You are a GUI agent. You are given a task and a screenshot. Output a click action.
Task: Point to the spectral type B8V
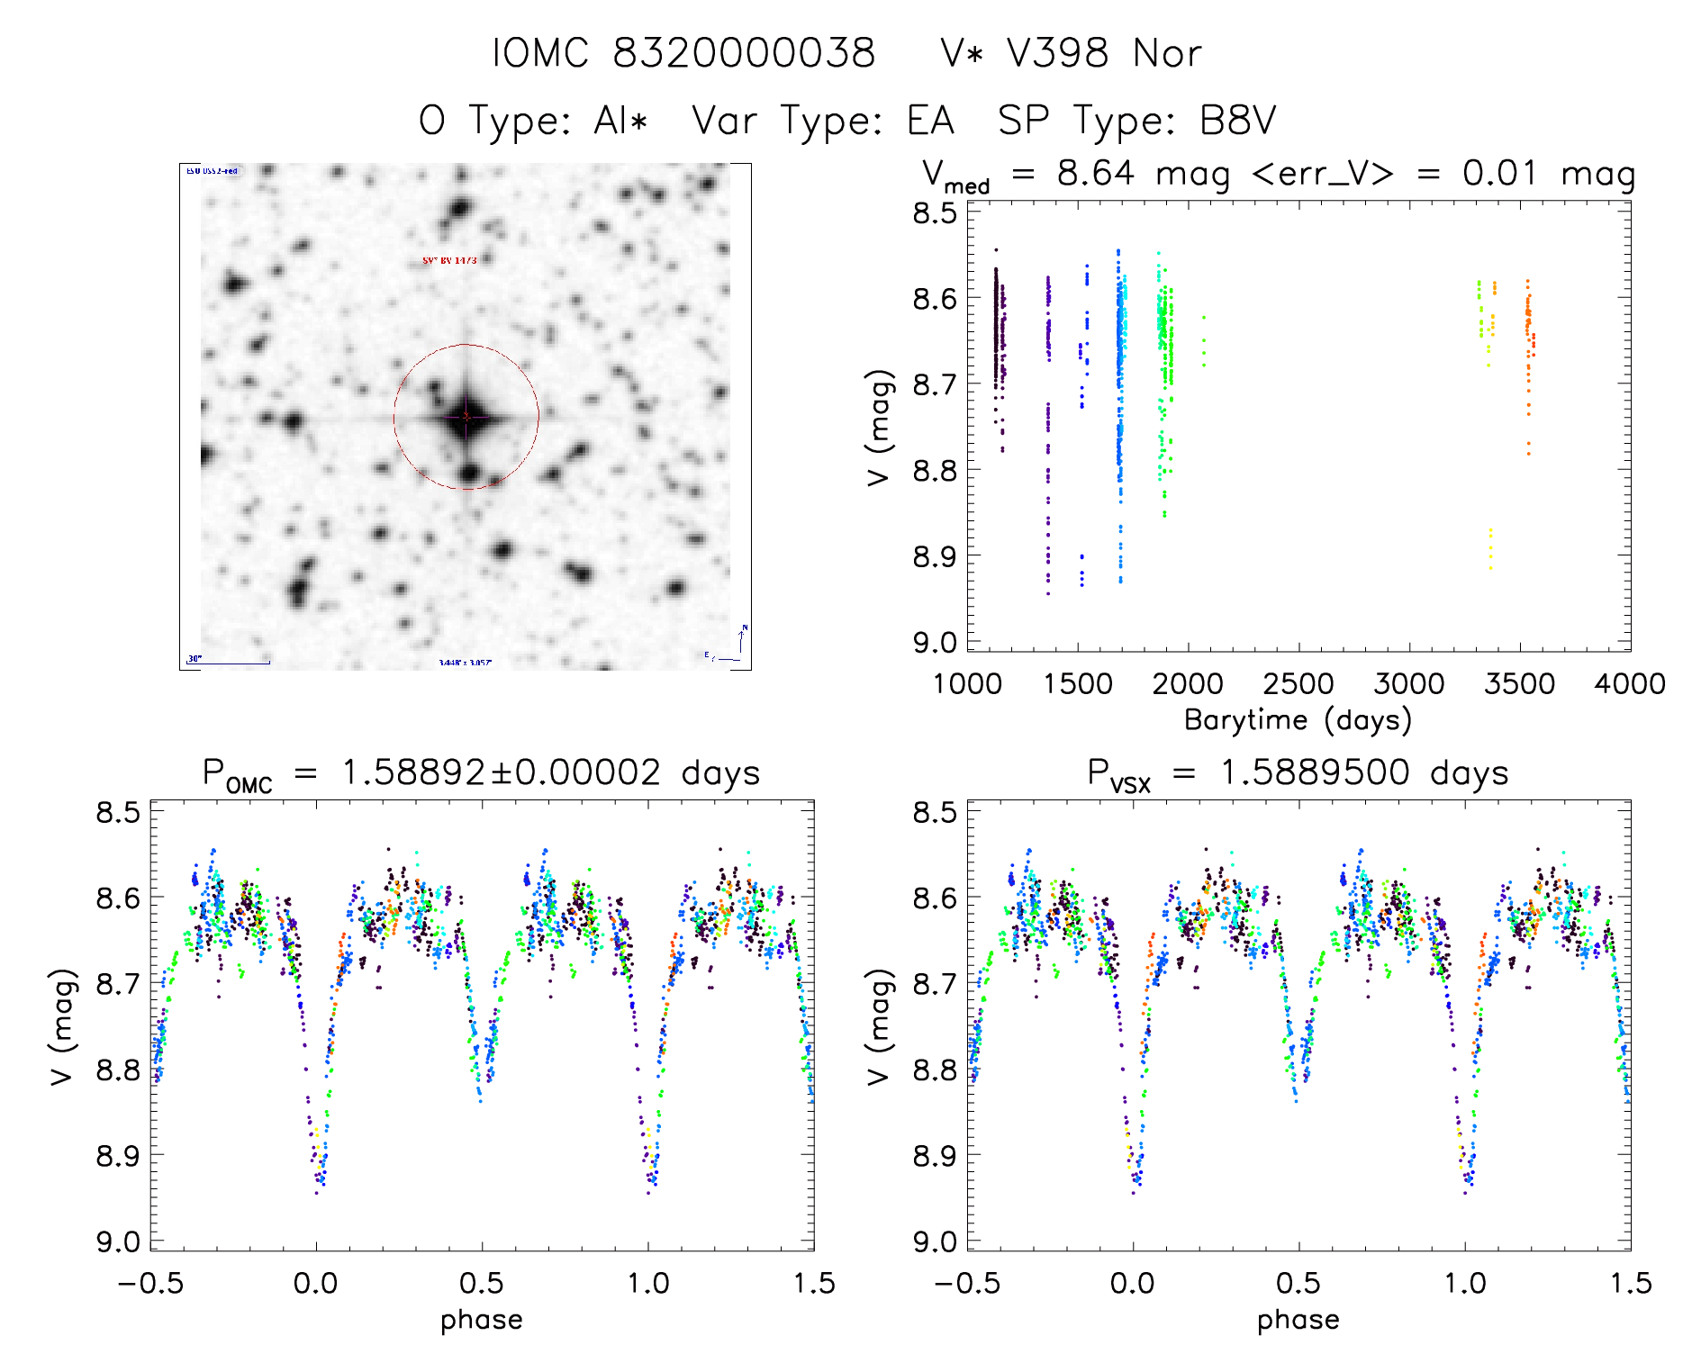pos(1238,121)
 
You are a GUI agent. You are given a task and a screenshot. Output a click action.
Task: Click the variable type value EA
pos(930,121)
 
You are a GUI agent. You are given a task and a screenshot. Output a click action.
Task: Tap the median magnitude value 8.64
pos(1095,173)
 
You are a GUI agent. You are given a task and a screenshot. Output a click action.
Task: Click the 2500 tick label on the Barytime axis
pos(1298,684)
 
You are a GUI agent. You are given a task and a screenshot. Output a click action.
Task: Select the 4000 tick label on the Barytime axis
pos(1629,684)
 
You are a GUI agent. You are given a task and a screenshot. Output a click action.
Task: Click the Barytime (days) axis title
pos(1298,720)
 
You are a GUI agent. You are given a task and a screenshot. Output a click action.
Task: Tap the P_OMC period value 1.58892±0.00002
pos(502,773)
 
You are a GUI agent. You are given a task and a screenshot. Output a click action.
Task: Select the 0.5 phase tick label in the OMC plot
pos(482,1284)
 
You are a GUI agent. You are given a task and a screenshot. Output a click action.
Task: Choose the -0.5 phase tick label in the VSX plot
pos(966,1284)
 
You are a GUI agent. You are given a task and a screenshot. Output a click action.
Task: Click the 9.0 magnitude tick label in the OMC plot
pos(118,1241)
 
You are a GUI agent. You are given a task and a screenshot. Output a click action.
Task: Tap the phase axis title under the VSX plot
pos(1298,1320)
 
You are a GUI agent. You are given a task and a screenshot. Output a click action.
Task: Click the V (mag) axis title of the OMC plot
pos(61,1026)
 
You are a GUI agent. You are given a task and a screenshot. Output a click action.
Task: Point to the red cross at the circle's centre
pos(466,416)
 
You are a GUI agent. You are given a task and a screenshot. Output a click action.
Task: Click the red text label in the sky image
pos(449,260)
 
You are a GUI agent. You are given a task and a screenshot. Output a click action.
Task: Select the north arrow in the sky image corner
pos(742,639)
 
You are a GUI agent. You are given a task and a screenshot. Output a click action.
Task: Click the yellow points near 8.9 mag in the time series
pos(1490,549)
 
